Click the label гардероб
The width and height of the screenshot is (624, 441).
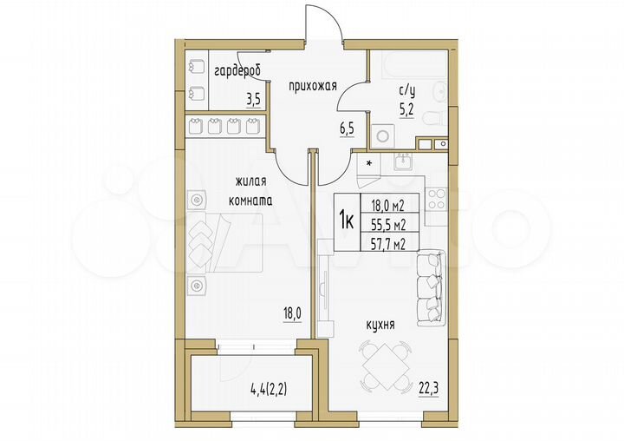[x=237, y=69]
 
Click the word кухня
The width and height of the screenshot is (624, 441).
[x=380, y=325]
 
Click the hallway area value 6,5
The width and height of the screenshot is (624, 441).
[x=347, y=129]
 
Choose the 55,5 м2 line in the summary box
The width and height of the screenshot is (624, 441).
[x=389, y=221]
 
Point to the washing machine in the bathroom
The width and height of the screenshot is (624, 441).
[x=382, y=136]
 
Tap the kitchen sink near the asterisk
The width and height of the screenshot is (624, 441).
[x=401, y=161]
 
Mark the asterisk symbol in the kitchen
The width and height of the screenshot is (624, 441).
[x=369, y=163]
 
